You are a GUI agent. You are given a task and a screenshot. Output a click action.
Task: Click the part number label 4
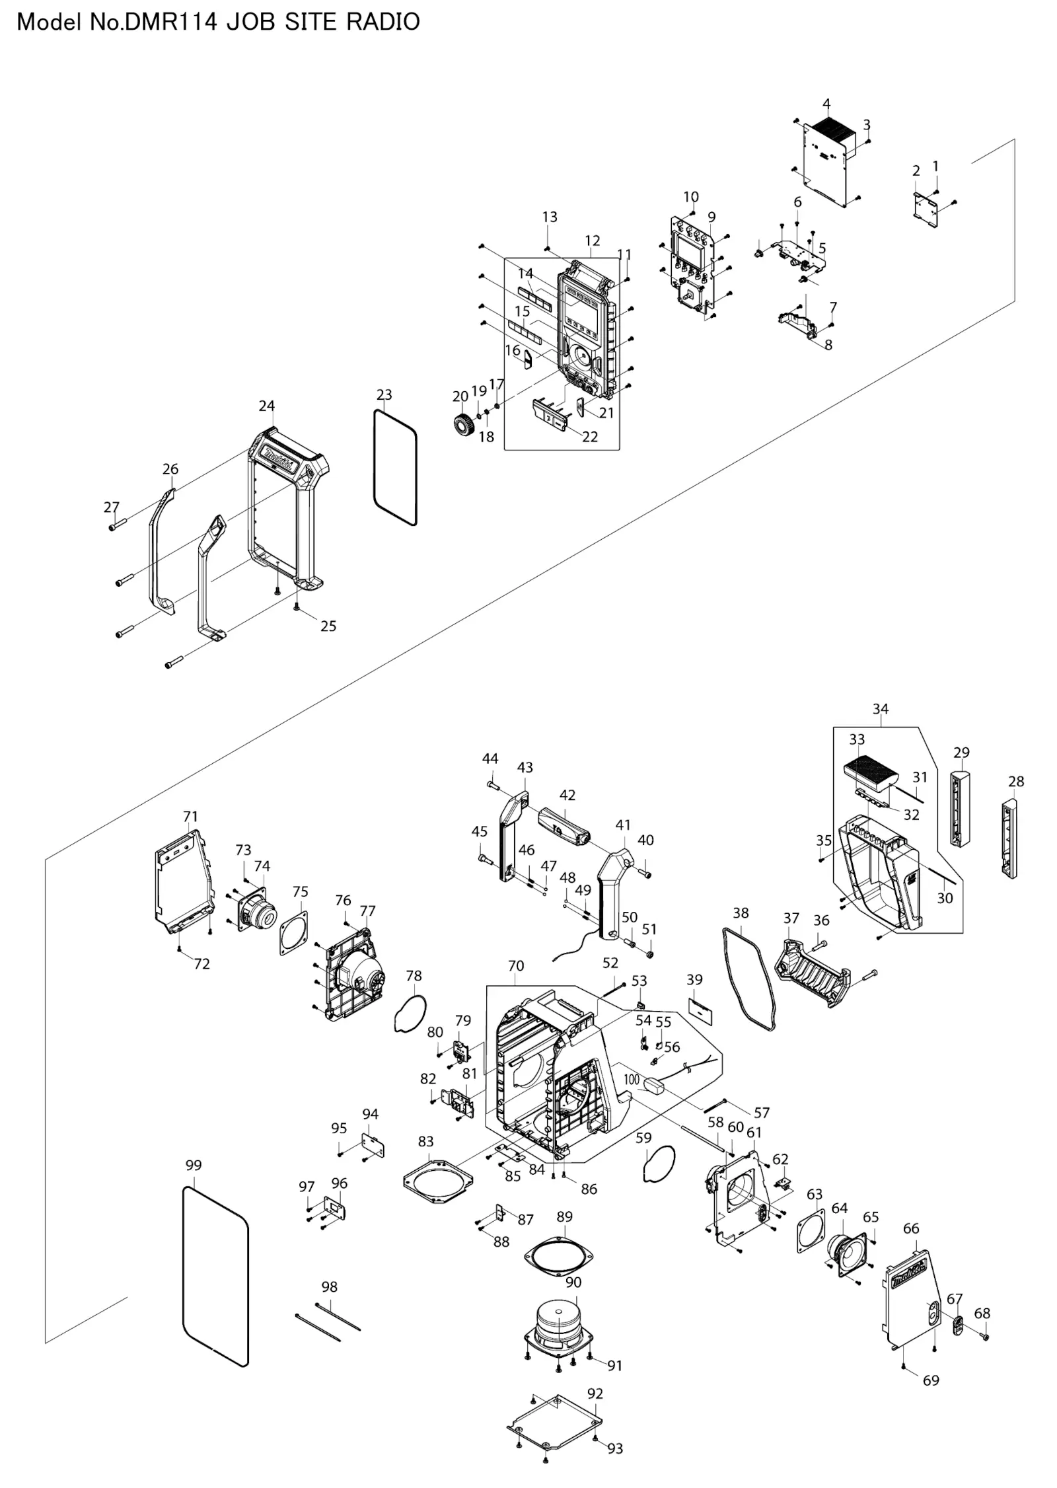pos(826,104)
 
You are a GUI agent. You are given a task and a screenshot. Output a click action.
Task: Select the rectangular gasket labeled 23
pos(395,467)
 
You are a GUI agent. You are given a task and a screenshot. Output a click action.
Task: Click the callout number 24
pos(266,406)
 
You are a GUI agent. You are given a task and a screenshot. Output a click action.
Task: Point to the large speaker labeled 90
pos(558,1324)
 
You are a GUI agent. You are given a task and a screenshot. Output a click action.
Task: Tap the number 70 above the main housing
pos(516,965)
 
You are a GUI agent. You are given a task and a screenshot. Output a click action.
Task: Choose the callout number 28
pos(1016,781)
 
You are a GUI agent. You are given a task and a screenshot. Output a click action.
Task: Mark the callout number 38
pos(741,912)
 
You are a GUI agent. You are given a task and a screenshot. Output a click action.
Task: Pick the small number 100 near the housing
pos(632,1079)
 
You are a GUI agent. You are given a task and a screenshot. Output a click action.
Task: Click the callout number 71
pos(190,816)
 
